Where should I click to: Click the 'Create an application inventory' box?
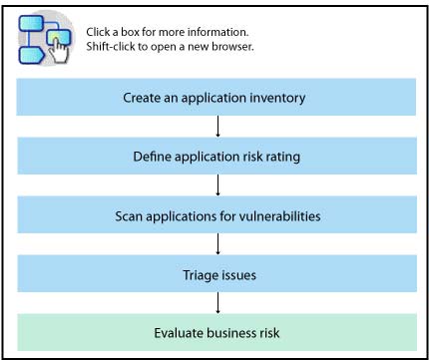click(216, 97)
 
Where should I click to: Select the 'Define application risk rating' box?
click(216, 156)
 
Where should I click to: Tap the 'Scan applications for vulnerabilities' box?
click(216, 214)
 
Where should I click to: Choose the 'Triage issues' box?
click(216, 273)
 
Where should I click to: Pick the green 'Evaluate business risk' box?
click(216, 332)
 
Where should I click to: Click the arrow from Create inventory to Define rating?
click(217, 127)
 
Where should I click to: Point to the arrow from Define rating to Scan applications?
click(217, 185)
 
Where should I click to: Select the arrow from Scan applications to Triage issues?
click(217, 244)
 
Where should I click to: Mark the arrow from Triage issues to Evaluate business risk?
click(217, 303)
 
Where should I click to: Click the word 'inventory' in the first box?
click(277, 98)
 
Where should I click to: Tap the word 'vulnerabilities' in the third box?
click(279, 216)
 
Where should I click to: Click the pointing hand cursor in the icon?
click(59, 51)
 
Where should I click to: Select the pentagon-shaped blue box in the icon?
click(31, 55)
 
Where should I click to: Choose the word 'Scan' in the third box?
click(128, 216)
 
